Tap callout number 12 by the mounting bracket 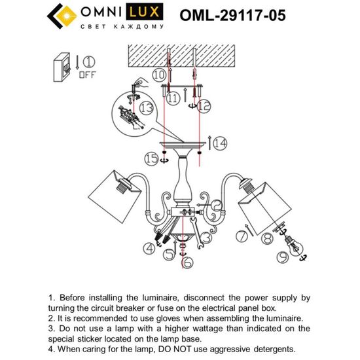204,103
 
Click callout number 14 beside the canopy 219,142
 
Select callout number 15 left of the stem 152,159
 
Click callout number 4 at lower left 150,247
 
